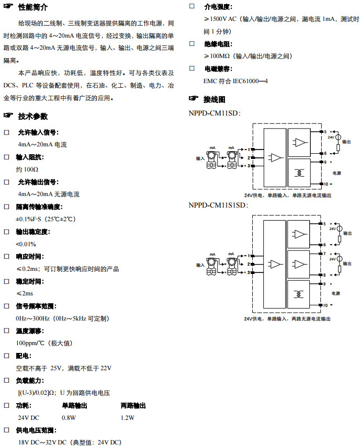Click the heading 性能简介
pyautogui.click(x=33, y=7)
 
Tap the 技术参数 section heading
pyautogui.click(x=33, y=116)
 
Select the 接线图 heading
pyautogui.click(x=214, y=99)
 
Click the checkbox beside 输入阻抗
pyautogui.click(x=7, y=157)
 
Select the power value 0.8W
pyautogui.click(x=69, y=418)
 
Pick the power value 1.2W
pyautogui.click(x=127, y=418)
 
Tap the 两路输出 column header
pyautogui.click(x=133, y=406)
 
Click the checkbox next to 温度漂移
pyautogui.click(x=7, y=331)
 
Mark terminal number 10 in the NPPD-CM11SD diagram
pyautogui.click(x=325, y=184)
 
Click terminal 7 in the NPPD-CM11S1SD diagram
pyautogui.click(x=325, y=254)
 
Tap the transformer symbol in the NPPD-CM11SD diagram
pyautogui.click(x=300, y=173)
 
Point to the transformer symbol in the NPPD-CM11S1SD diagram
pyautogui.click(x=300, y=294)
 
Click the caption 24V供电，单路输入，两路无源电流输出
pyautogui.click(x=287, y=318)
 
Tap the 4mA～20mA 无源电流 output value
pyautogui.click(x=48, y=194)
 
